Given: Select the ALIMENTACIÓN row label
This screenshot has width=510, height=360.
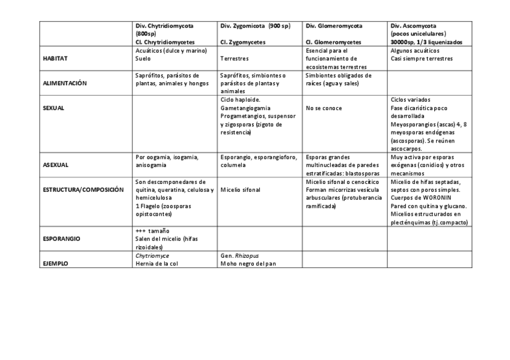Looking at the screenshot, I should pyautogui.click(x=65, y=84).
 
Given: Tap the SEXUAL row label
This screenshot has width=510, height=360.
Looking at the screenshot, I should pyautogui.click(x=54, y=109).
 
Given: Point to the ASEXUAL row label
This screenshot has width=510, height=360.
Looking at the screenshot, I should pyautogui.click(x=55, y=163).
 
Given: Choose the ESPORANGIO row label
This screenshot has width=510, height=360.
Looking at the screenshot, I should pyautogui.click(x=63, y=239).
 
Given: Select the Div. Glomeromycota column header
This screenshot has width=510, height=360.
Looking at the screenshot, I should pyautogui.click(x=334, y=26).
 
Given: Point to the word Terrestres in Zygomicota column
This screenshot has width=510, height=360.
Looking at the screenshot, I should pyautogui.click(x=235, y=59).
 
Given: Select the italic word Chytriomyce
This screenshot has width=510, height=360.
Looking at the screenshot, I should pyautogui.click(x=152, y=255).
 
